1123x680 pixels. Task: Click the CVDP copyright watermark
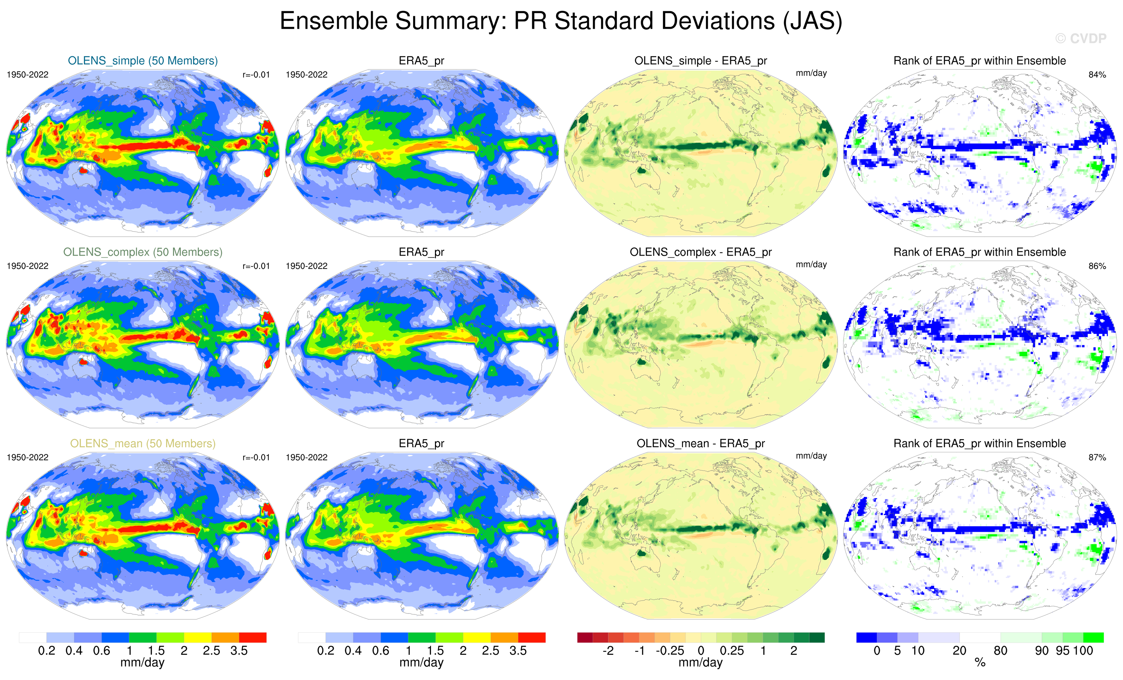1080,39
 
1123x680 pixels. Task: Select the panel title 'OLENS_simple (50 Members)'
143,61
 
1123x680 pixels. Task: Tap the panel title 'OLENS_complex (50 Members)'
143,252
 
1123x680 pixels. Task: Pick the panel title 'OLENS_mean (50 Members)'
143,443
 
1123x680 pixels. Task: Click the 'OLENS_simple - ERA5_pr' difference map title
701,61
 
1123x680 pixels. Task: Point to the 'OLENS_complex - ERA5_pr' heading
701,252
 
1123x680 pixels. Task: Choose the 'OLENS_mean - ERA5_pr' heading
701,443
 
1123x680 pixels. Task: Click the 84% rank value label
1097,75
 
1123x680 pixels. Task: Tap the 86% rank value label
1097,266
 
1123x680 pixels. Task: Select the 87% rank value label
1097,457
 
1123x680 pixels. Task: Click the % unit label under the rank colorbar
980,663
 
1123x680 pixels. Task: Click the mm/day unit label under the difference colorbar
701,663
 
